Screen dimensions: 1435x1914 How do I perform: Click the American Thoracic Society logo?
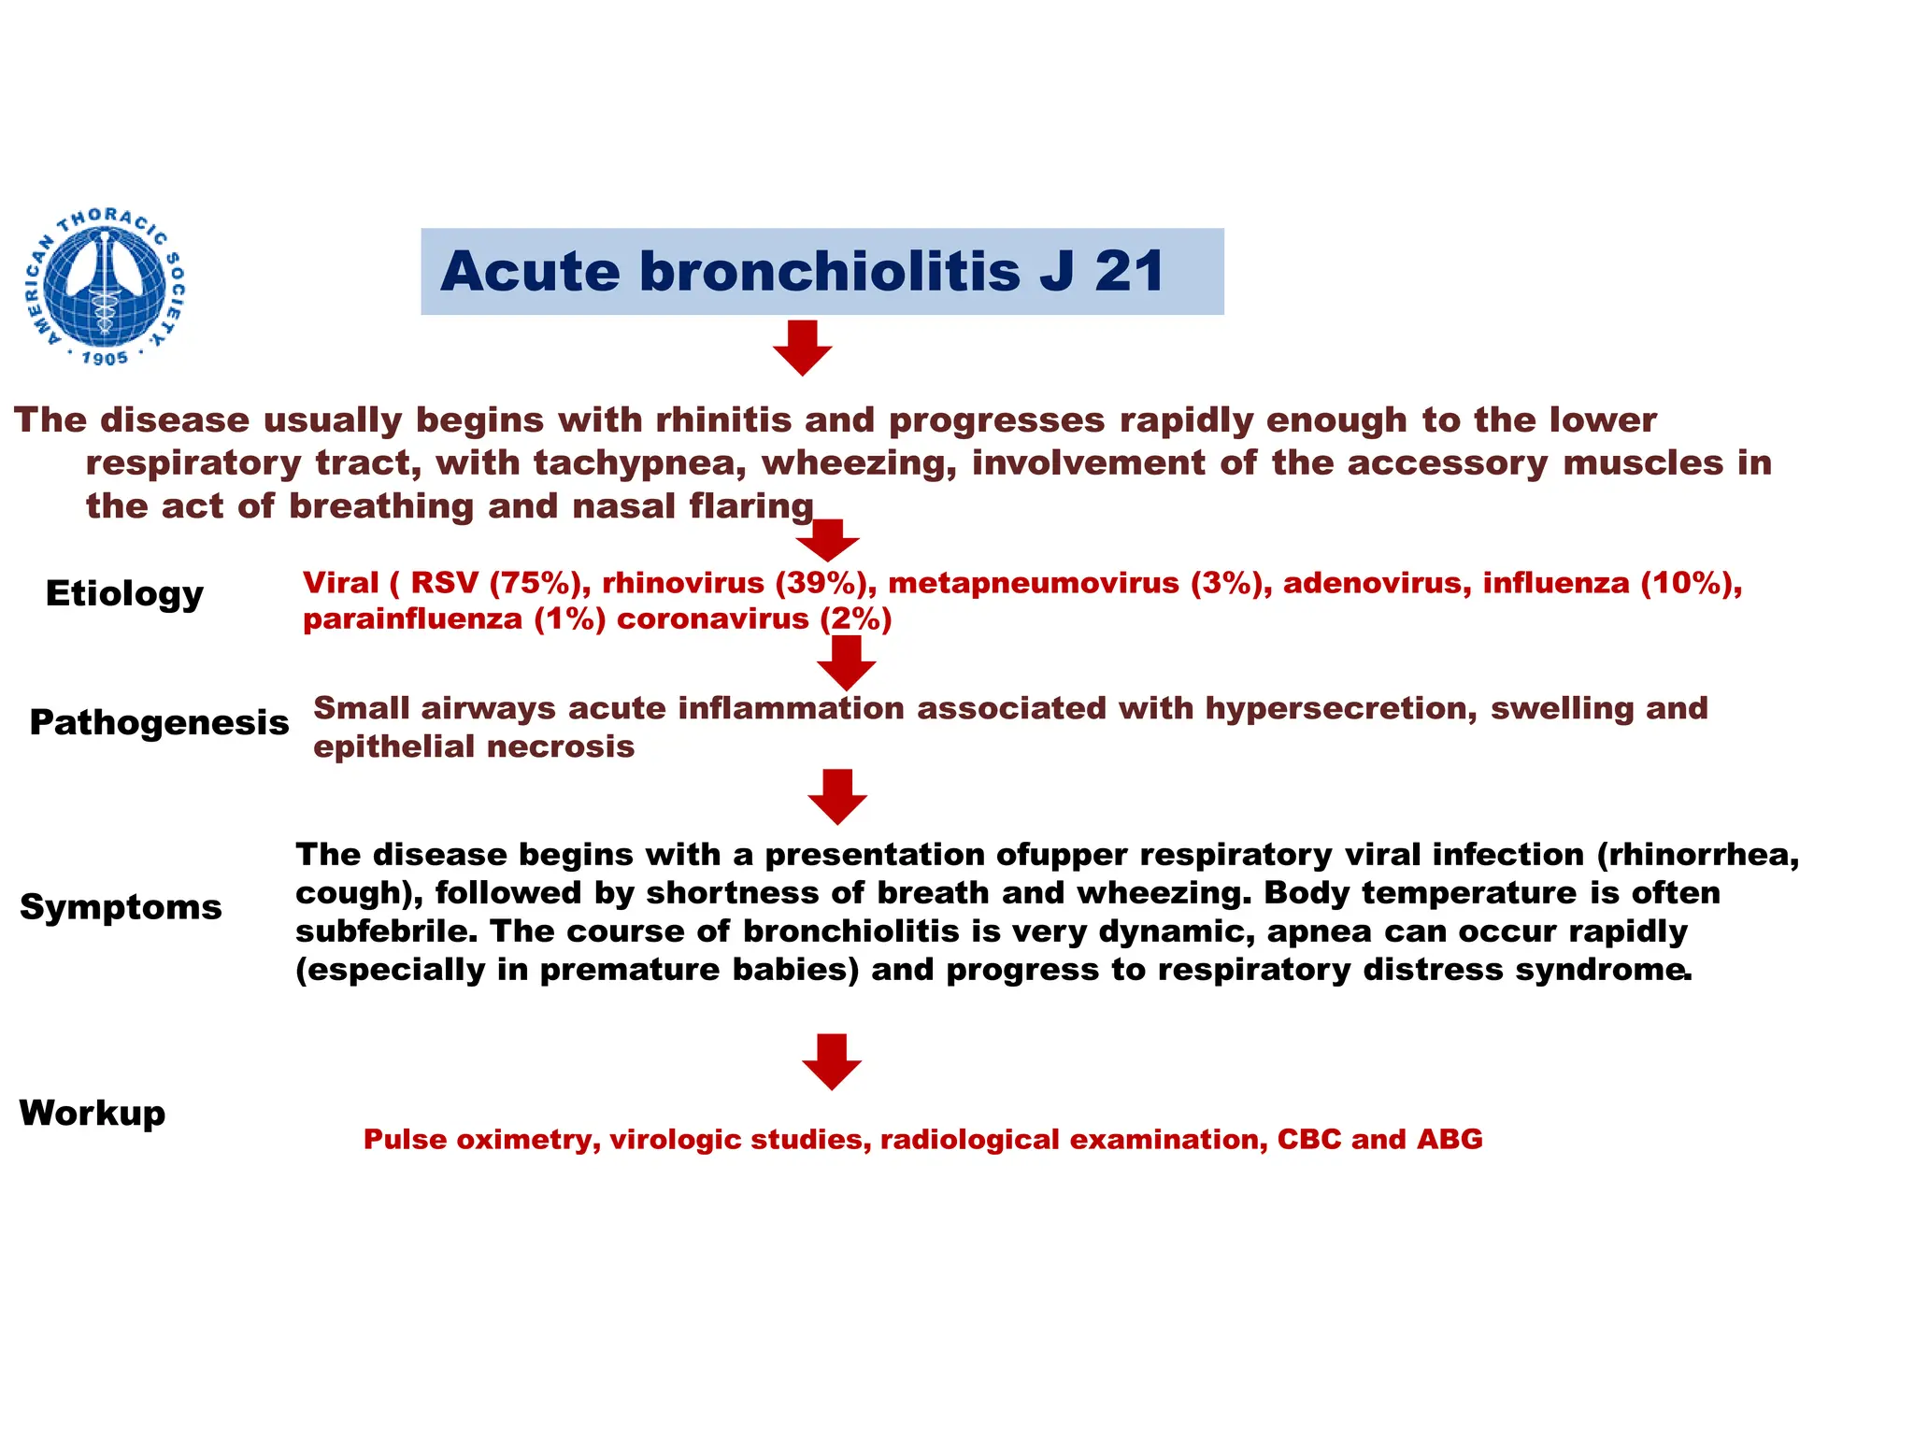(x=106, y=285)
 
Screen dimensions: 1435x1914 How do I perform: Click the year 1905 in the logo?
(x=105, y=359)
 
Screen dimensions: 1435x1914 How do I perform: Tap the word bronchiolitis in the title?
(x=830, y=272)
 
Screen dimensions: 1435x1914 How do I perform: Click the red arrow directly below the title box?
(x=803, y=348)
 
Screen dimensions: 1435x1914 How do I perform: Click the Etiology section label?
(x=124, y=593)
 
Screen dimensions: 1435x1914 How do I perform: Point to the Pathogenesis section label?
(x=159, y=722)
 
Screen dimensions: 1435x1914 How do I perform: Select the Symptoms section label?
(x=121, y=906)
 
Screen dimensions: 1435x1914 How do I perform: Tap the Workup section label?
(x=93, y=1113)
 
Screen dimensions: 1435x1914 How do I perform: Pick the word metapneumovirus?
(x=1033, y=583)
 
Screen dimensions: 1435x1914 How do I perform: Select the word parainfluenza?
(x=412, y=618)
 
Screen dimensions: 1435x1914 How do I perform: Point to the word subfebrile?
(x=386, y=931)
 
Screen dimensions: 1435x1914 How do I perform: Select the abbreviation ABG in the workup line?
(x=1450, y=1139)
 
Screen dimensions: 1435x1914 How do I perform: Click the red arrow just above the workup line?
(x=832, y=1061)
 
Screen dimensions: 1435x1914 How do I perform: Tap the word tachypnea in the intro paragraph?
(x=639, y=463)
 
